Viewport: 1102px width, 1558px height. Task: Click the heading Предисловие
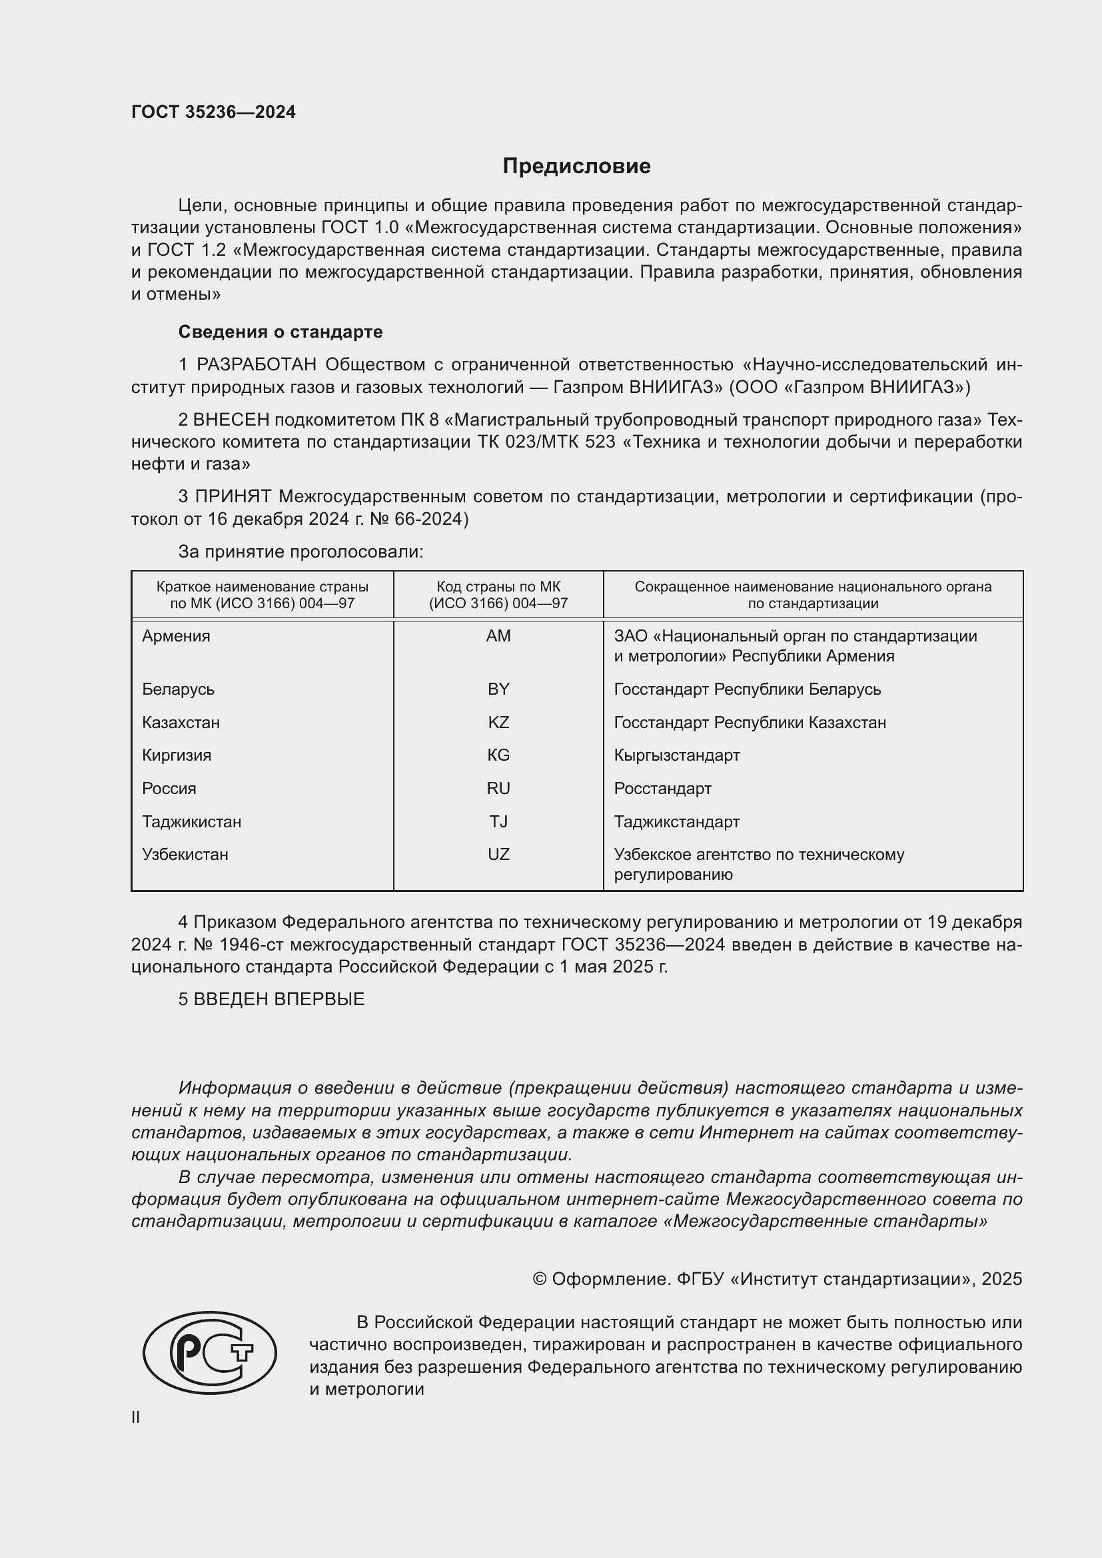point(576,167)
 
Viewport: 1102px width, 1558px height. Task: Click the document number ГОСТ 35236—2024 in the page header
point(213,112)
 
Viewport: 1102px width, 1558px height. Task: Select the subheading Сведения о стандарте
point(280,332)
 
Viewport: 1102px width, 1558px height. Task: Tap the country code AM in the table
point(498,636)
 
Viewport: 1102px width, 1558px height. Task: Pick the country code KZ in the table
point(498,722)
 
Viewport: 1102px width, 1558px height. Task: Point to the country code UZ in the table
point(498,855)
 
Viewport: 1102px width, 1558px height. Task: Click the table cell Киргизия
point(177,755)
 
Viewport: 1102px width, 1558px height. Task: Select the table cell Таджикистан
point(191,822)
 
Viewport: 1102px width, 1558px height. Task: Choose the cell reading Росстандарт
point(662,789)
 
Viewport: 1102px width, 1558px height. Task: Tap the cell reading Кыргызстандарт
point(676,755)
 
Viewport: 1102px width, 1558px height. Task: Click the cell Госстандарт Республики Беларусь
point(747,689)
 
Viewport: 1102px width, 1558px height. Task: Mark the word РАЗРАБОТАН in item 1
point(257,365)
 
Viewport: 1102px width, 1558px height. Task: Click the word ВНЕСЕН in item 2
point(231,420)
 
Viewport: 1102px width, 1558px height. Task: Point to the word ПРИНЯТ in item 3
point(233,497)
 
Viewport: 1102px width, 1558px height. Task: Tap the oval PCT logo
point(210,1353)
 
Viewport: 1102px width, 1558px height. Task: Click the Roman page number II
point(136,1417)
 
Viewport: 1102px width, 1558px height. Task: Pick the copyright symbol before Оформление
point(540,1279)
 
